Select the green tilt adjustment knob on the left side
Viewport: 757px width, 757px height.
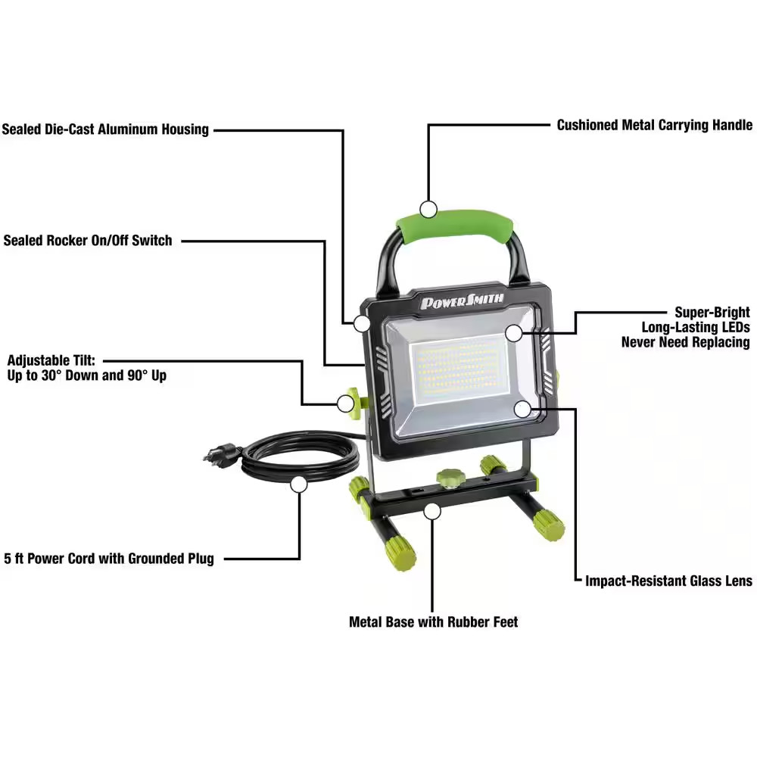[350, 400]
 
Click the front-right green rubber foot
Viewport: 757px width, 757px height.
[548, 525]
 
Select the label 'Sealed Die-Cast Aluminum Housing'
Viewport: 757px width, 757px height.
[105, 129]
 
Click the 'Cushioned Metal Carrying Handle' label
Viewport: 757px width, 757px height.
[655, 125]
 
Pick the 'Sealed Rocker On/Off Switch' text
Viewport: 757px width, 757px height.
[88, 241]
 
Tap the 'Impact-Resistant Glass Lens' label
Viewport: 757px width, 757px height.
[669, 581]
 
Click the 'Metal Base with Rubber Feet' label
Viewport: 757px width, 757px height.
[434, 621]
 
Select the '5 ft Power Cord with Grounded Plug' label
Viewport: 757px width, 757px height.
[109, 559]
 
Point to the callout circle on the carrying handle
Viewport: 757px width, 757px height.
[429, 209]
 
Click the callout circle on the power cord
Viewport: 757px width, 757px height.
[299, 484]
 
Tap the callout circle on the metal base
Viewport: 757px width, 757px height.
[431, 511]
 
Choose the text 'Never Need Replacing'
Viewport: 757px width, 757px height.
[686, 341]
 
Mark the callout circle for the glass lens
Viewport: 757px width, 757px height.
[522, 409]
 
